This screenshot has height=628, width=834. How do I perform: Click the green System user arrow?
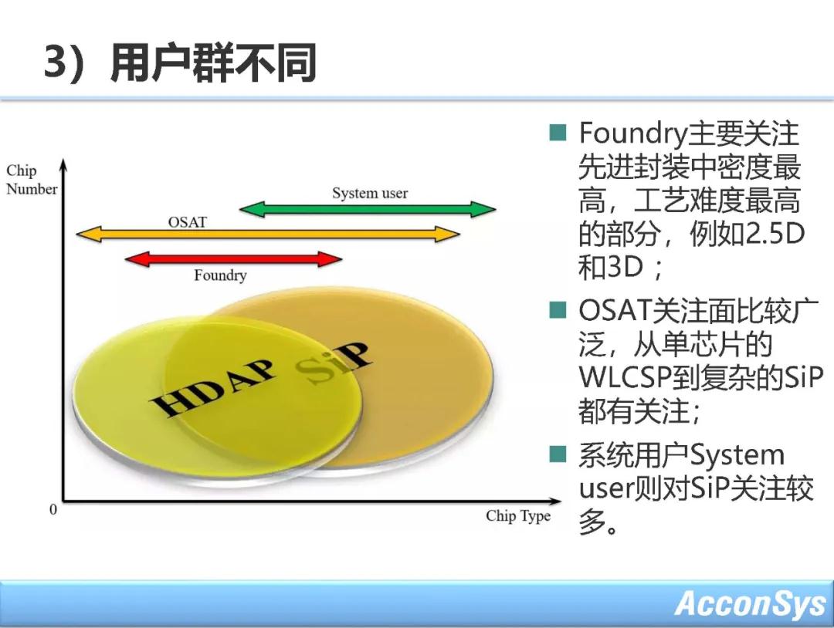(368, 209)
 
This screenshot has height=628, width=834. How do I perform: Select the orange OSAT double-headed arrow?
(268, 234)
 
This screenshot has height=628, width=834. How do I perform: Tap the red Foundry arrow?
(233, 259)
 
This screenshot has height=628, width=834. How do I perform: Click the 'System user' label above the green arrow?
(370, 193)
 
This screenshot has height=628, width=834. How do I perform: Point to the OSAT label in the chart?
(187, 221)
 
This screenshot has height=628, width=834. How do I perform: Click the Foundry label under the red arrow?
(220, 275)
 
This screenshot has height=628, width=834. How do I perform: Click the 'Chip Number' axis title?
(32, 180)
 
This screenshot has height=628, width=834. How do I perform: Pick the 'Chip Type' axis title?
(518, 516)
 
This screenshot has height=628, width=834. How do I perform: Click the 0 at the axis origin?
(53, 509)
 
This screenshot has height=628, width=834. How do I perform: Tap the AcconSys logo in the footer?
(750, 603)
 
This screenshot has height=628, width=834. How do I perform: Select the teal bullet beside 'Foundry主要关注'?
(558, 132)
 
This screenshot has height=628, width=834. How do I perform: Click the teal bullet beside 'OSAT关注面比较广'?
(558, 309)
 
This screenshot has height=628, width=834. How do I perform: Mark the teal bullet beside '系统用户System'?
(558, 454)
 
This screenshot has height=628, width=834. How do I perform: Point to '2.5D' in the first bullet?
(775, 233)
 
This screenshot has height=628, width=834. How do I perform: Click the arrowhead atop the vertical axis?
(64, 164)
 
